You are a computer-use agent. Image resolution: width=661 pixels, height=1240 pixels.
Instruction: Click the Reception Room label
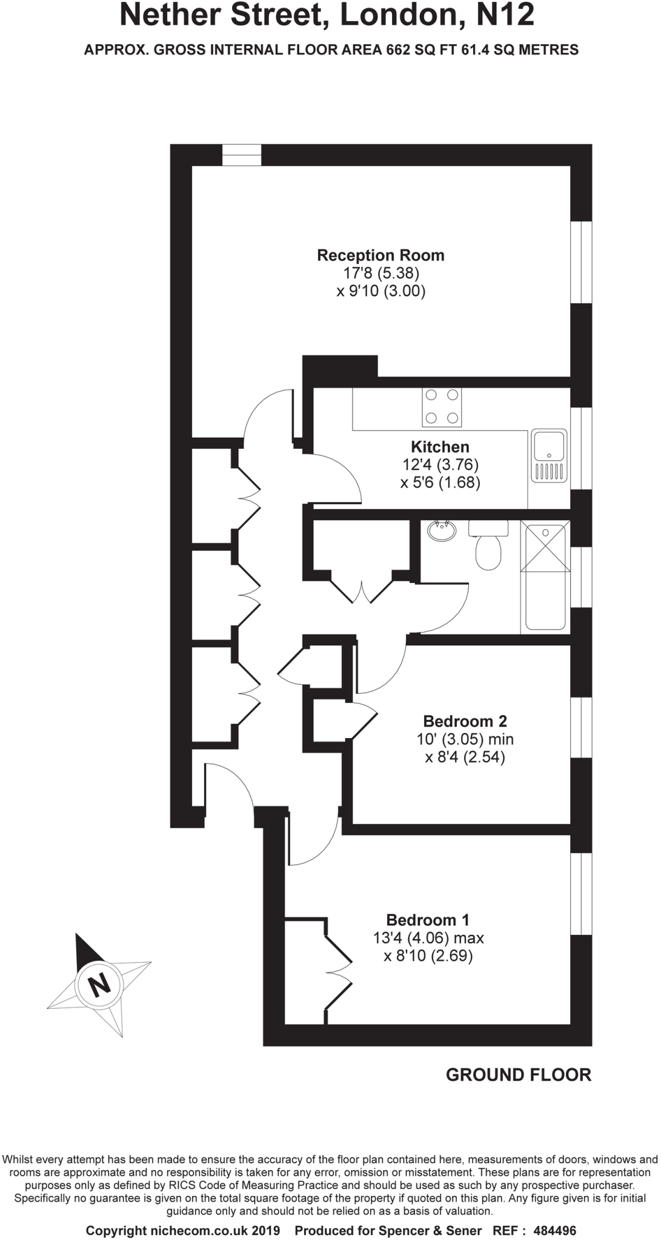380,256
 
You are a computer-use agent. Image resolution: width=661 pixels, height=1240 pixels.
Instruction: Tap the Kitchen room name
440,447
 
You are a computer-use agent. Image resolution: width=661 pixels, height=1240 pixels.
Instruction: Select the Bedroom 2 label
465,721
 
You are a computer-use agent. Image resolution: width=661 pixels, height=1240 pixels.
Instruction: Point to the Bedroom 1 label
428,920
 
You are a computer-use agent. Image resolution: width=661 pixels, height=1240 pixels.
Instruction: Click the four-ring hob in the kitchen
442,407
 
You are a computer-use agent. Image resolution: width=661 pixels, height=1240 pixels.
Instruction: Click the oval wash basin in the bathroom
442,531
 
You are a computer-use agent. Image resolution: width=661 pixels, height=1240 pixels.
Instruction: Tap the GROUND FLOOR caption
518,1075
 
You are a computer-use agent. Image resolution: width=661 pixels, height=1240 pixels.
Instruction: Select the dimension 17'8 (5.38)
381,273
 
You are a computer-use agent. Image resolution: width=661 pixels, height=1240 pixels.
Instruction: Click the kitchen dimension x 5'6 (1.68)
440,483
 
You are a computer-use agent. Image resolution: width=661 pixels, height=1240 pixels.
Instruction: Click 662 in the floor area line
398,50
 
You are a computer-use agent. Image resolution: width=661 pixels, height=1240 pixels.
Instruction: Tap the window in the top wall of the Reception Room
241,155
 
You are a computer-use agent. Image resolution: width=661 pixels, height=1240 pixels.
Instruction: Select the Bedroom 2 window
581,727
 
